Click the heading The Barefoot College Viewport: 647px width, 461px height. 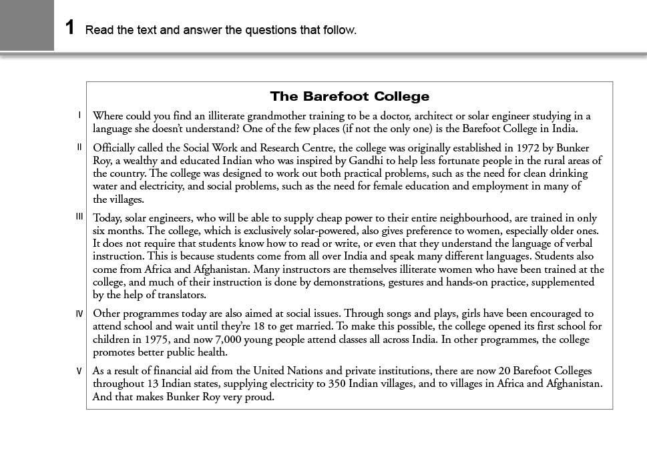[x=349, y=97]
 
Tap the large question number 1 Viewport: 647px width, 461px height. [x=70, y=27]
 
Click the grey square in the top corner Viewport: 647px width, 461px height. [x=27, y=25]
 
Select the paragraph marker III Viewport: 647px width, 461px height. [x=79, y=216]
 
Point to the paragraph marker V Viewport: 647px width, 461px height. [x=79, y=371]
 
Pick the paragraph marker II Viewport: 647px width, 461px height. [x=79, y=147]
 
